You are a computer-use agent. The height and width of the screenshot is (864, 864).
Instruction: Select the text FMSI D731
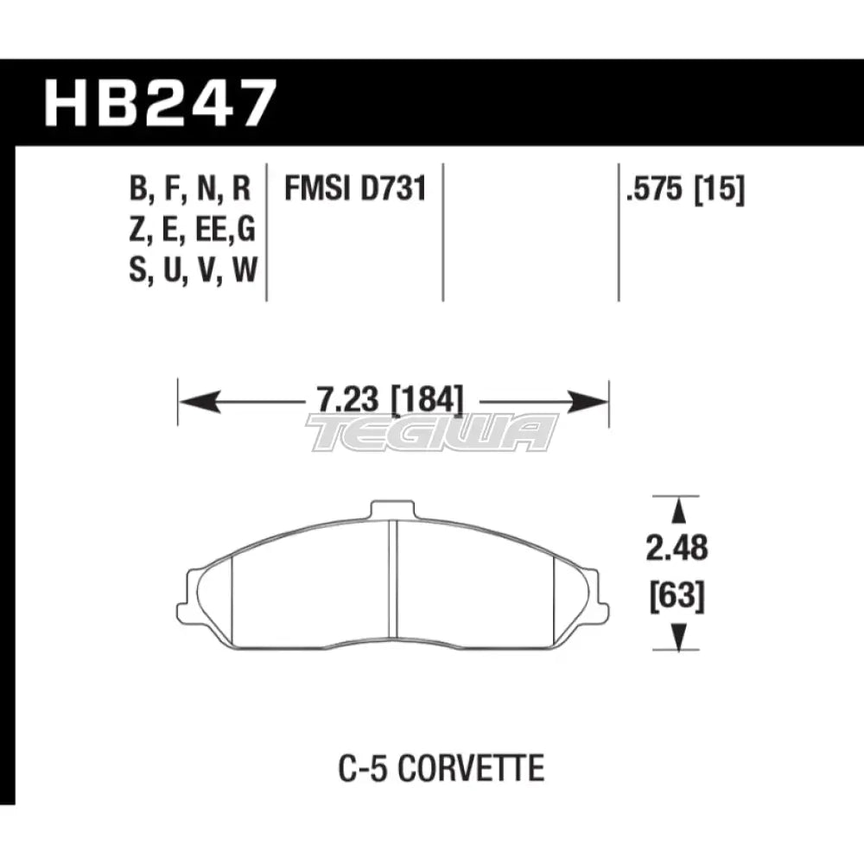(x=356, y=187)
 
